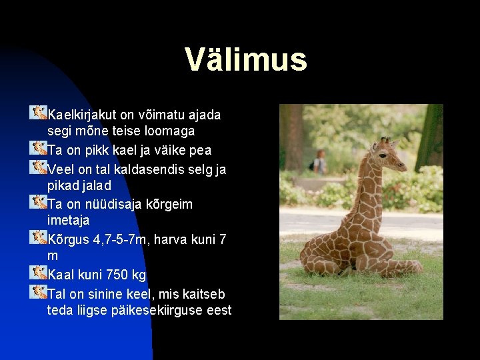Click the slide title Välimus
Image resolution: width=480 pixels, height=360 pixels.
point(246,59)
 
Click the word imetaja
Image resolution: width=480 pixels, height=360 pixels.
point(68,220)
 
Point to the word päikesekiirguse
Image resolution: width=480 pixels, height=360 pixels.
point(154,310)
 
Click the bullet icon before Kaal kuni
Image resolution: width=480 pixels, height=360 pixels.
point(39,273)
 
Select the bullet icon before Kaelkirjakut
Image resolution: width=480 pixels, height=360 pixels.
point(39,112)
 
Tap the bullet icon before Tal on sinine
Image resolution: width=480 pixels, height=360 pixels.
point(39,292)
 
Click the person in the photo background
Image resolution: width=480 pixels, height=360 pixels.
point(320,162)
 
